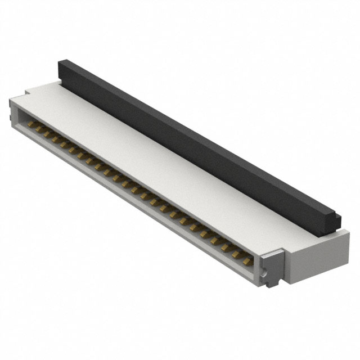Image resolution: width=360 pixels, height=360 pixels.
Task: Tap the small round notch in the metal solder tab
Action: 272,277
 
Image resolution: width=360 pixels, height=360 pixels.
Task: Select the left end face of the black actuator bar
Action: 61,70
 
